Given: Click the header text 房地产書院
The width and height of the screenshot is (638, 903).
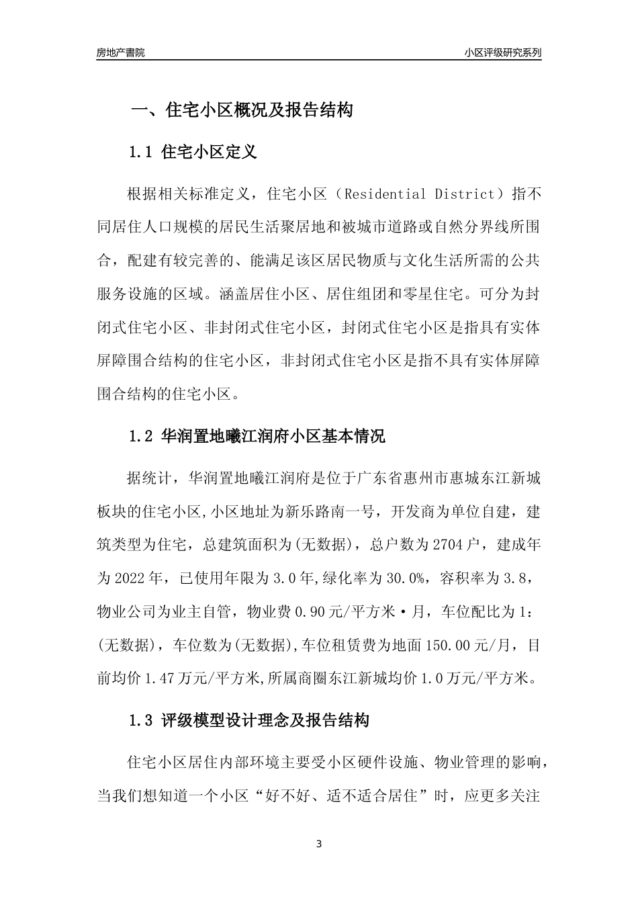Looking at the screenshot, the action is click(x=121, y=52).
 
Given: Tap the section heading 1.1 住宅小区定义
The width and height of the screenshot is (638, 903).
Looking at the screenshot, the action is click(x=193, y=153).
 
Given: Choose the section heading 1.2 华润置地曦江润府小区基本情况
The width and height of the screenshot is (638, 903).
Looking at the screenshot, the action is click(x=257, y=437).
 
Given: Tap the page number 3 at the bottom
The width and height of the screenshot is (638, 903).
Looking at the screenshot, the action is click(x=319, y=844).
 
